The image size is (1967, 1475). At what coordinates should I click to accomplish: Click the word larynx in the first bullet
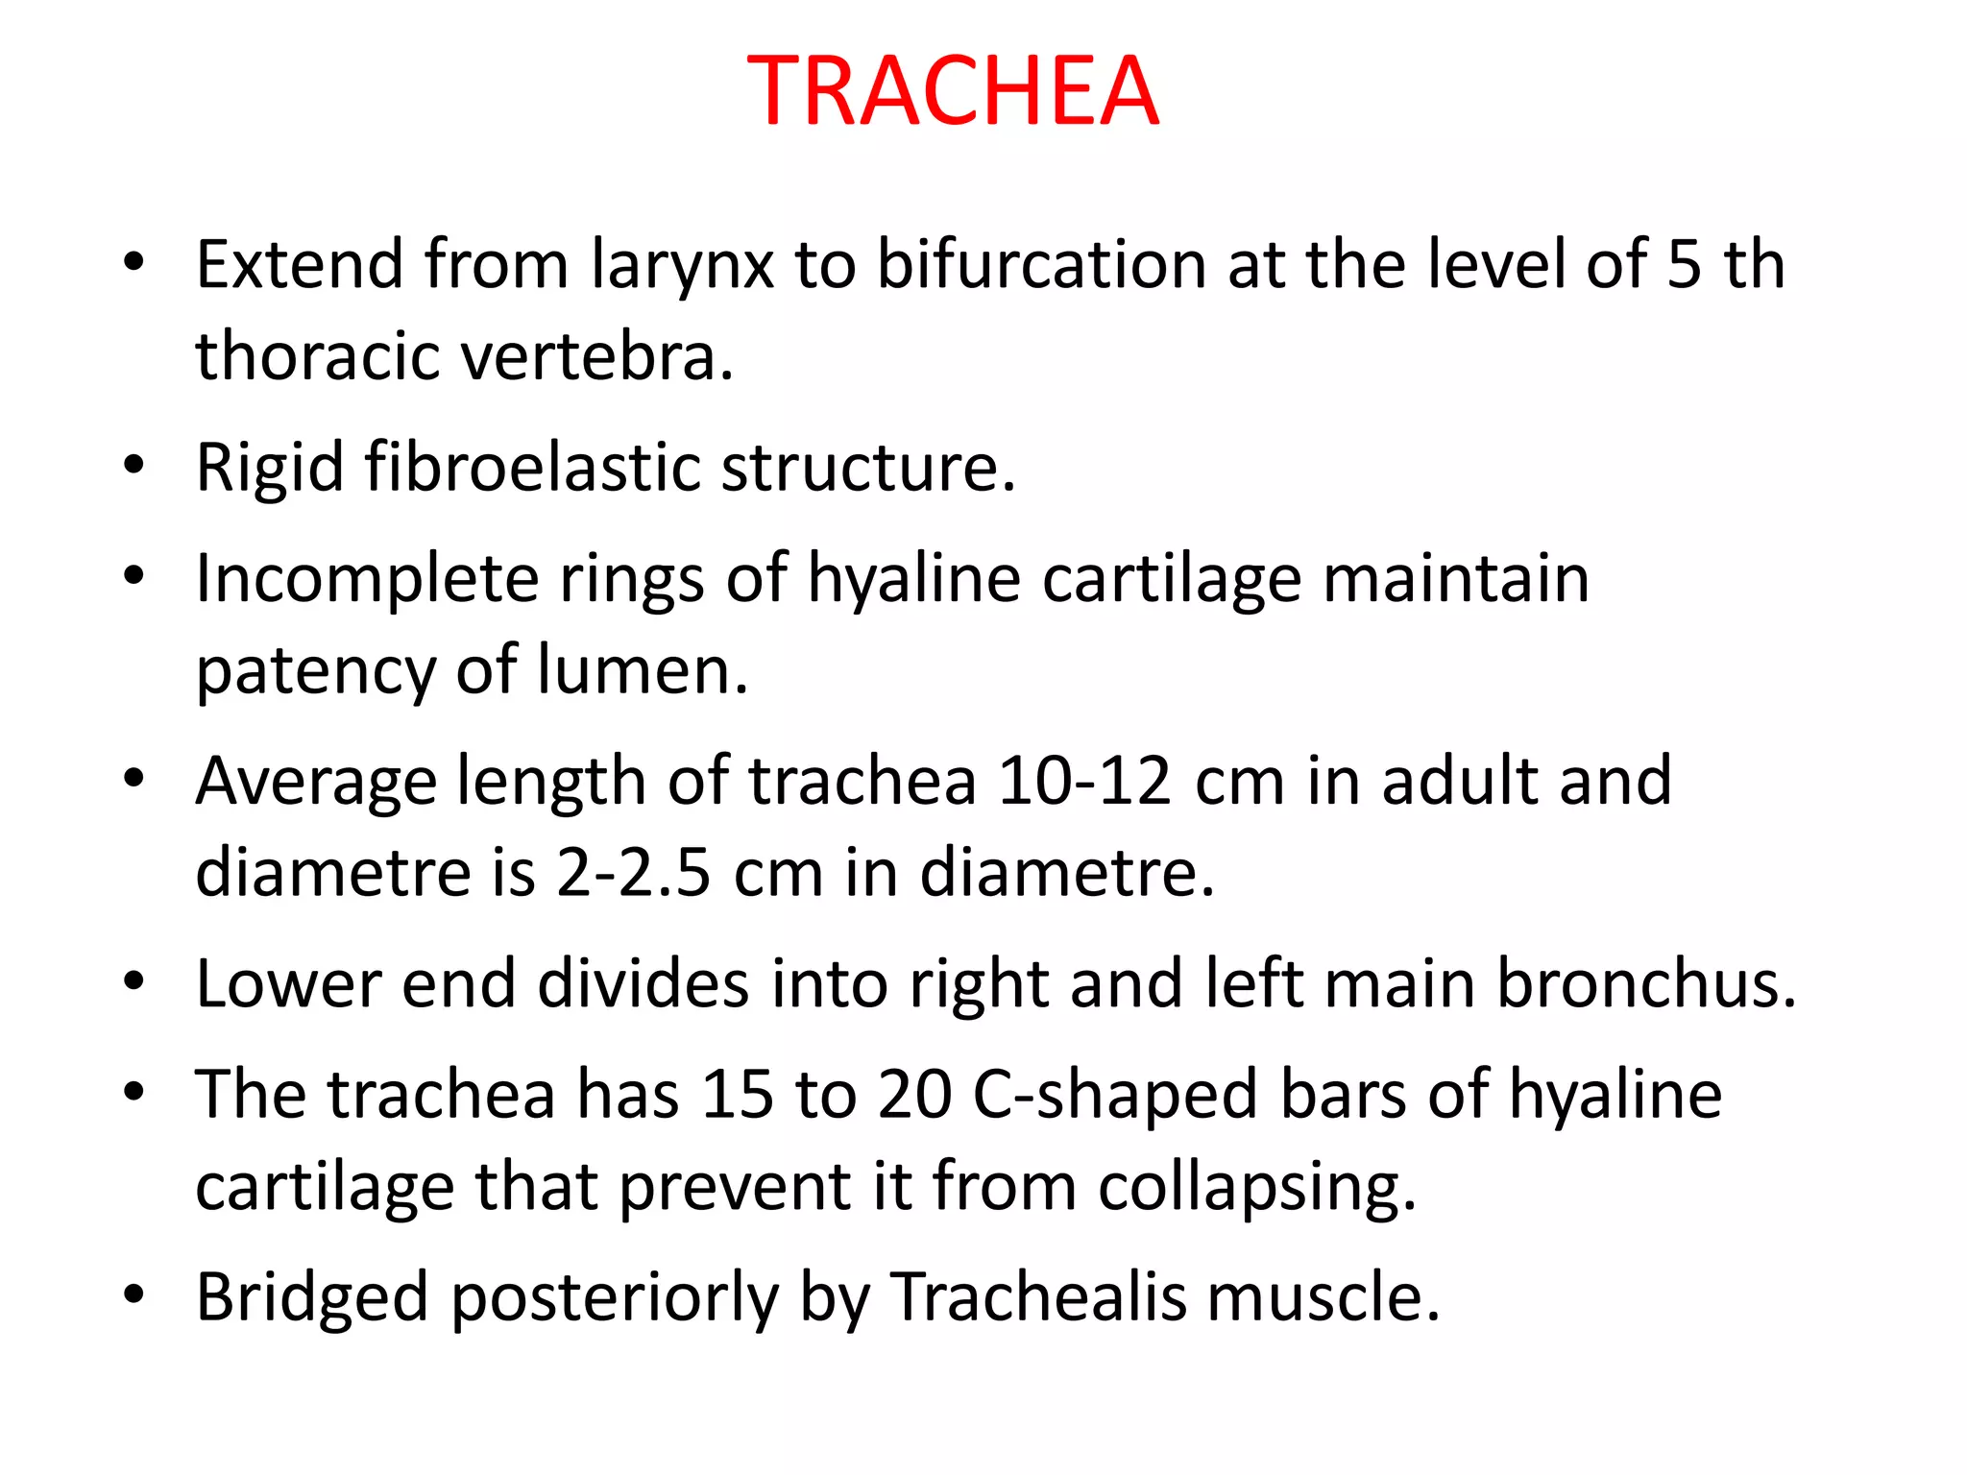(x=681, y=265)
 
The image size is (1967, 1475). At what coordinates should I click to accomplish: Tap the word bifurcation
(x=1041, y=264)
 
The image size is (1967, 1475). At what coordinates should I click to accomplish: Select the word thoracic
(x=319, y=356)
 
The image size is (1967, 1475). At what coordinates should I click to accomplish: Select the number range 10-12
(x=1084, y=781)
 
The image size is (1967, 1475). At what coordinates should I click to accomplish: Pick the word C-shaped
(x=1114, y=1096)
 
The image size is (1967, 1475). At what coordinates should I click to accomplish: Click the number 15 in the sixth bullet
(x=738, y=1095)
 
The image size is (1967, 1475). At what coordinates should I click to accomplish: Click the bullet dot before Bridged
(x=134, y=1295)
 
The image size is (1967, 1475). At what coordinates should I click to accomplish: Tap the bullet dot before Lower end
(x=134, y=981)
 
